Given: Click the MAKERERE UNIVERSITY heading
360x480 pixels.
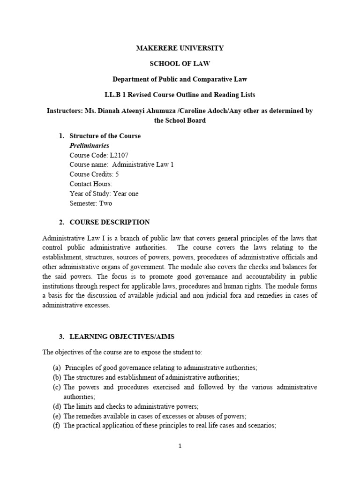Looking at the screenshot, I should coord(180,48).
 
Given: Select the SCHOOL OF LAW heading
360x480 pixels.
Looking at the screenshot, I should coord(180,63).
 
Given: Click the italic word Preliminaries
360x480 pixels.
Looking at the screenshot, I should coord(89,146).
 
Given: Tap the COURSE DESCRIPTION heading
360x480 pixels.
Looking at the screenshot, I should coord(110,222).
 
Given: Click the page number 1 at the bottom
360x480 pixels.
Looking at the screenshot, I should coord(180,446).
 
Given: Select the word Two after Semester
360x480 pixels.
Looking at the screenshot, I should coord(105,203).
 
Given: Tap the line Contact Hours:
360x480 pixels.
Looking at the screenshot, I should coord(91,184).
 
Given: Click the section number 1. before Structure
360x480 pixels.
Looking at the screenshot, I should coord(61,136).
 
